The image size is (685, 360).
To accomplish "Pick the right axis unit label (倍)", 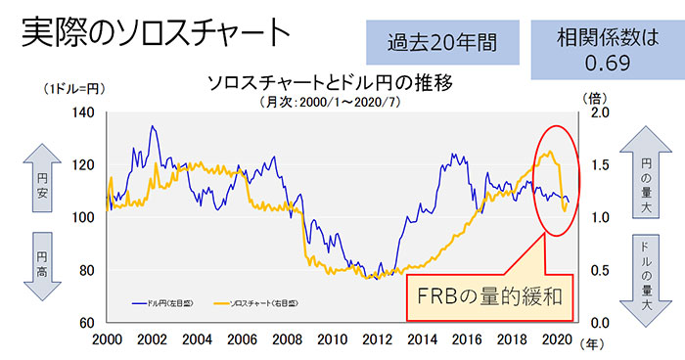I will click(595, 98).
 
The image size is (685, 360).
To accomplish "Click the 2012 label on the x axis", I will click(377, 341).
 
